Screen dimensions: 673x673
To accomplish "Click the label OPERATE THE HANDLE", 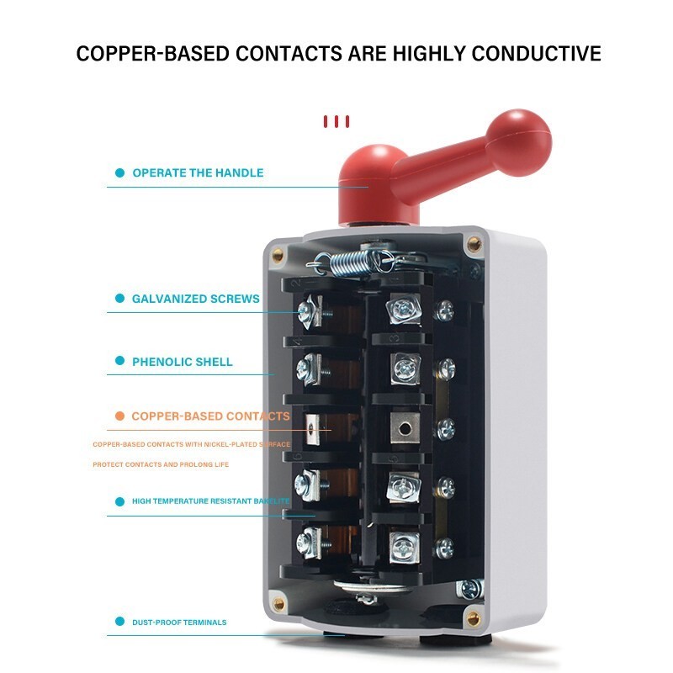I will (x=198, y=173).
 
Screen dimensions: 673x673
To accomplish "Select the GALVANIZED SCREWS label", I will (x=195, y=299).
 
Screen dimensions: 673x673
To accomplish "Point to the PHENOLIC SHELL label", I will (x=182, y=363).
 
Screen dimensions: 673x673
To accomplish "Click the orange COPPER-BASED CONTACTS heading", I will (x=210, y=416).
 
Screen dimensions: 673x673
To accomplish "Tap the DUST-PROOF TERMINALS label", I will (x=178, y=623).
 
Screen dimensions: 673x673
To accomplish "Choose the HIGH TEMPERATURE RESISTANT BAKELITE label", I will (x=210, y=501).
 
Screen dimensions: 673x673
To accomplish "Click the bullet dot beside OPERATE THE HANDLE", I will (x=119, y=173).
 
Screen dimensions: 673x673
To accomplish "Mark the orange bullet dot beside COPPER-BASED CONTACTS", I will (x=119, y=416).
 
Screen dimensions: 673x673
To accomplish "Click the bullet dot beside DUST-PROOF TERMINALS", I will (x=119, y=623).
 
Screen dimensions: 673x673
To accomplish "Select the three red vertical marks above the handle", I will (x=336, y=122).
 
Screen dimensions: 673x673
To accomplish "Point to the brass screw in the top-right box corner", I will (x=474, y=245).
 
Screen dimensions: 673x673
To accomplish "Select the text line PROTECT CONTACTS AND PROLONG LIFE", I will (x=161, y=464).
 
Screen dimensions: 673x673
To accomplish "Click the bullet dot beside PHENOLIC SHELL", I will (x=119, y=363).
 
